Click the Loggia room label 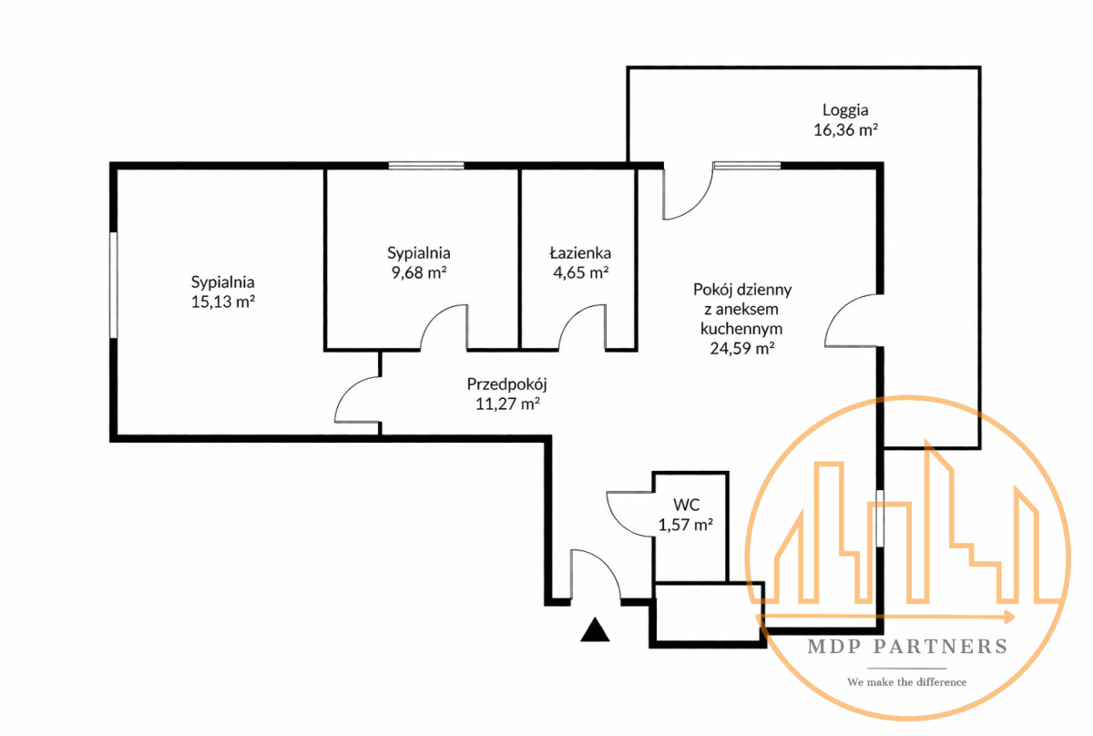coord(845,111)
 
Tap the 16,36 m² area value coord(845,130)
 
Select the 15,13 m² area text coord(222,302)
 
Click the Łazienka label coord(579,253)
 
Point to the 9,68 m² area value coord(418,271)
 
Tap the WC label coord(685,505)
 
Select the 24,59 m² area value coord(741,347)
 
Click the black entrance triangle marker coord(595,629)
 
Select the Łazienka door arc coord(582,328)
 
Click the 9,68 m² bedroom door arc coord(444,328)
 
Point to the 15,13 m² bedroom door coord(357,401)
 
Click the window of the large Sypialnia coord(114,285)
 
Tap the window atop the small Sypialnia coord(426,165)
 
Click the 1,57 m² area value coord(685,525)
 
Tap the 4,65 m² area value coord(579,271)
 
